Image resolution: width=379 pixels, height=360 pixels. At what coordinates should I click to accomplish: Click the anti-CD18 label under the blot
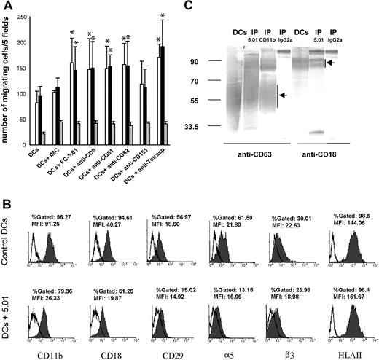tap(329, 154)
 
